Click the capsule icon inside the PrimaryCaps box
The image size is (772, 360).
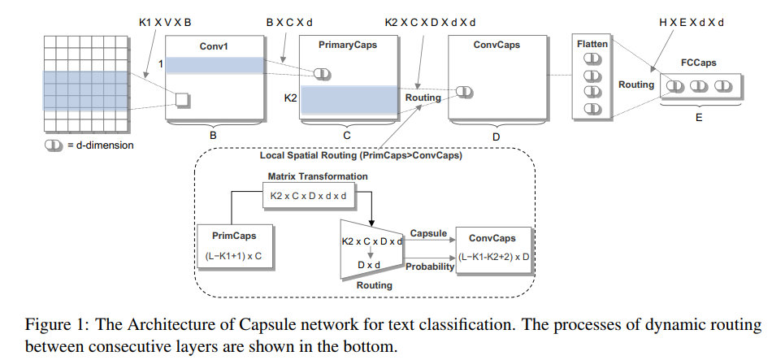323,74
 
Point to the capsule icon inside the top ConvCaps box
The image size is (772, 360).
464,92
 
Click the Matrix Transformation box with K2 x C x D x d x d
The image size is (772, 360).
318,196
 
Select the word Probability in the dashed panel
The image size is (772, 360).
430,267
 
